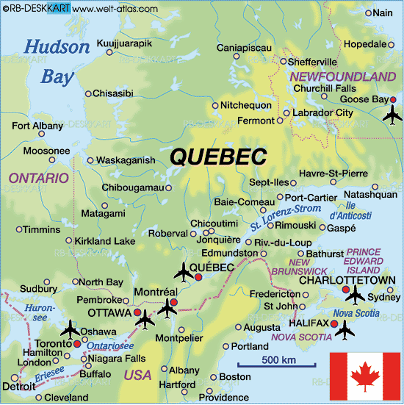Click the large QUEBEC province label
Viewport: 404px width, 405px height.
(218, 157)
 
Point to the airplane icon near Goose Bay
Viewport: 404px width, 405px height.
(394, 115)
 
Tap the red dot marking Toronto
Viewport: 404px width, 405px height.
(76, 343)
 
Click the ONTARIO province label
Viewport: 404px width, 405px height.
(38, 178)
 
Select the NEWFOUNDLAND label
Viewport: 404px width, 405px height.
(343, 76)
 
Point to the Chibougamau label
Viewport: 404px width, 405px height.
(132, 187)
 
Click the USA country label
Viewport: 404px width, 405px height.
(137, 375)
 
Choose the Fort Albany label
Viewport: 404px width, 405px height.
(37, 126)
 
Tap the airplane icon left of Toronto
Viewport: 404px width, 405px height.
(71, 326)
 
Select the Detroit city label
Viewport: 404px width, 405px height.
(18, 386)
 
